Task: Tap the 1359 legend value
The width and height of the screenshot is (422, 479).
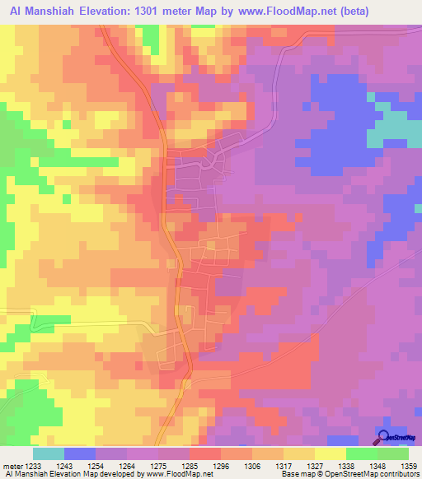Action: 409,466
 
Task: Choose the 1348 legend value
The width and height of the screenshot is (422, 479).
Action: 377,466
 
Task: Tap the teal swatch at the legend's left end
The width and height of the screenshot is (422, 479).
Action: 48,453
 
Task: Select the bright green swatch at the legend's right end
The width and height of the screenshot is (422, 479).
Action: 393,453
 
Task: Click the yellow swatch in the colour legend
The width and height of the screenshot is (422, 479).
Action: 331,453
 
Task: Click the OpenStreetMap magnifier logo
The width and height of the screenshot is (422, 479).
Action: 384,437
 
